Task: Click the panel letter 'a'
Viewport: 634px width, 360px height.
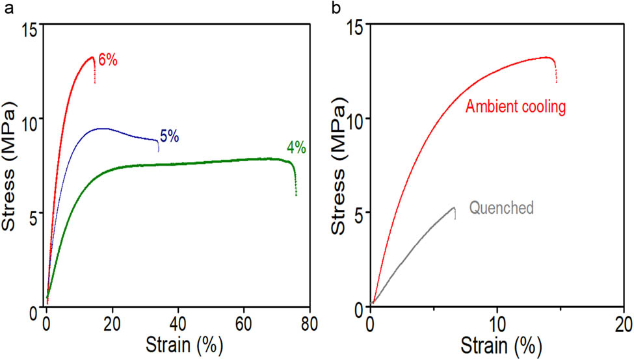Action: [x=8, y=8]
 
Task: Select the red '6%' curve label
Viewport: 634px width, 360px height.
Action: [x=107, y=61]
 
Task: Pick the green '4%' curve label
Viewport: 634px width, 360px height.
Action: [x=296, y=148]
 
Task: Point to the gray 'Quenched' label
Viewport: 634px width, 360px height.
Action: [x=501, y=208]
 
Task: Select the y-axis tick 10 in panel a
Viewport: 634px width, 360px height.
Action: [x=30, y=119]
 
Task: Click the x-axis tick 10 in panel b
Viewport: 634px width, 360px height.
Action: [x=497, y=323]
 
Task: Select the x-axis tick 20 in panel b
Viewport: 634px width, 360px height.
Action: [x=624, y=323]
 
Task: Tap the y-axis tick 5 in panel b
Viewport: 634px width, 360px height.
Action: [x=357, y=213]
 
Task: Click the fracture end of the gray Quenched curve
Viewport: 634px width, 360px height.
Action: [x=454, y=214]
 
